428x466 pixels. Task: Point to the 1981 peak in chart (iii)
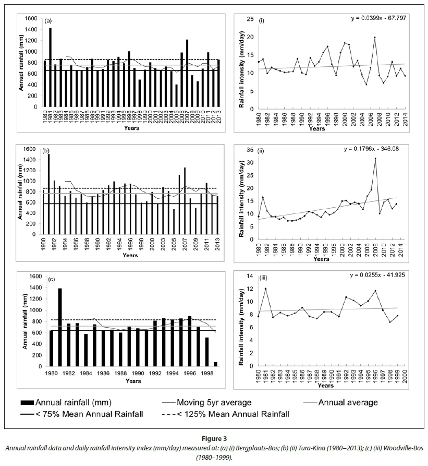[x=265, y=289]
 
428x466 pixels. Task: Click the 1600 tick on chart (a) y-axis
[x=31, y=19]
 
